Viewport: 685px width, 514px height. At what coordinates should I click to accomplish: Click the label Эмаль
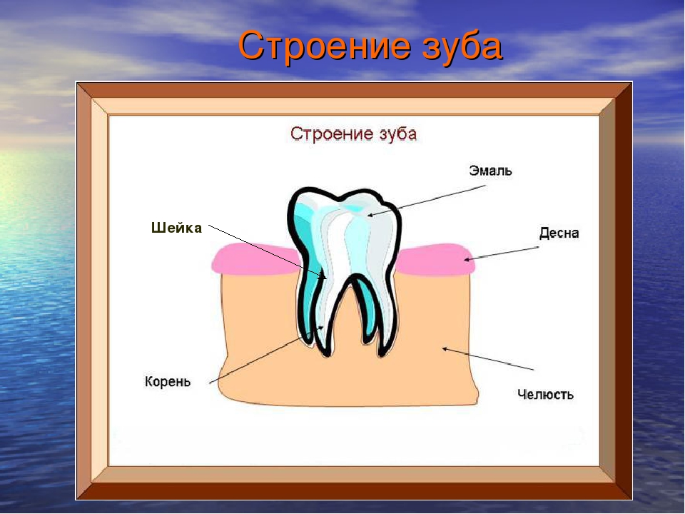490,171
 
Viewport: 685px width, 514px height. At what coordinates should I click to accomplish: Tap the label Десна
559,233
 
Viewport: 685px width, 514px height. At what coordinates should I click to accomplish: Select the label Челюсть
545,394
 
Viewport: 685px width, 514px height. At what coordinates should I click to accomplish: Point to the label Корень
168,381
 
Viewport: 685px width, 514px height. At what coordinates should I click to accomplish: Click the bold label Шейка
176,228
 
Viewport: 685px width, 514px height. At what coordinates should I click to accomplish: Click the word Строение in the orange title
325,46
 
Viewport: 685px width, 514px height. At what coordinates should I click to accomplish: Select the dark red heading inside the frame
353,133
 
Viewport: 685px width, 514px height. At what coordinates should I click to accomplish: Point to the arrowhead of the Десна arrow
467,259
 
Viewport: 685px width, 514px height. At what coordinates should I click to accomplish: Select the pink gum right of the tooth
434,261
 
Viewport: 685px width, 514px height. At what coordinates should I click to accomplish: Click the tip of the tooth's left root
327,356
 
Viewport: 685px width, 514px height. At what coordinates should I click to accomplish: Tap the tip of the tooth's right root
382,356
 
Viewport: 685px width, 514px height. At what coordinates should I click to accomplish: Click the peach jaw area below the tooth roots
350,381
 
